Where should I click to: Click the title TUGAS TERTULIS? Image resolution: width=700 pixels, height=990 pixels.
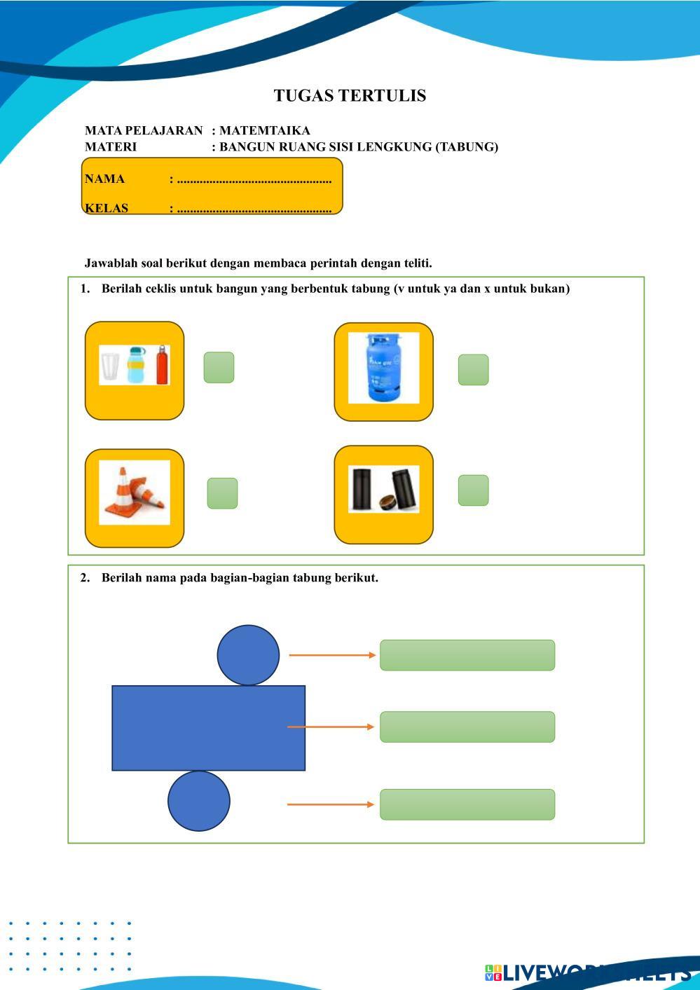click(x=350, y=96)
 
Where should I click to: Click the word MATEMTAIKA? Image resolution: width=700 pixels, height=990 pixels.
click(x=264, y=130)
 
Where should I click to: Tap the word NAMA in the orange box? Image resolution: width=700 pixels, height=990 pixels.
click(x=104, y=179)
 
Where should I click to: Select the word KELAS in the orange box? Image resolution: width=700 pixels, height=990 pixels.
click(x=107, y=207)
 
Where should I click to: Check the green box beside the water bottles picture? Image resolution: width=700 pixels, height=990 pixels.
click(x=219, y=368)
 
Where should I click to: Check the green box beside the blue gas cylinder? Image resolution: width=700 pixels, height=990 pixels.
click(x=473, y=370)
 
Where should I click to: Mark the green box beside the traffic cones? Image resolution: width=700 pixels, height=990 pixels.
click(x=222, y=493)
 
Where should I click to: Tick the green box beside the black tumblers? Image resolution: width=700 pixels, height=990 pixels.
click(x=473, y=490)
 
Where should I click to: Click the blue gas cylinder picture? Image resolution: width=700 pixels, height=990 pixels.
click(x=383, y=368)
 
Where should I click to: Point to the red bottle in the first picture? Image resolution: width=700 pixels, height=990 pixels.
click(x=163, y=364)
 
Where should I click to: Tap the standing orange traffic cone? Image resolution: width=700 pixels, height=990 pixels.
click(x=123, y=490)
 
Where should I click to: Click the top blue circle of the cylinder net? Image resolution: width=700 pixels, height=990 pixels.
click(x=248, y=655)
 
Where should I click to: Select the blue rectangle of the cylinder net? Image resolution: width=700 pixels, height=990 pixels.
click(x=208, y=728)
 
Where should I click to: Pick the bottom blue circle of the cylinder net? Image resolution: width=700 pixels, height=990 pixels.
click(x=199, y=801)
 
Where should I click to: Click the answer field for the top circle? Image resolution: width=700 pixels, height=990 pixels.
click(x=467, y=655)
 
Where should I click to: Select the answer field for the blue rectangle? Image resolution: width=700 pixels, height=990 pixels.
click(x=467, y=727)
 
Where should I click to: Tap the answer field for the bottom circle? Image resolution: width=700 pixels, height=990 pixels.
click(x=467, y=804)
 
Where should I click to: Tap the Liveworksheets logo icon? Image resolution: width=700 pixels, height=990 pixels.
click(x=493, y=972)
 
